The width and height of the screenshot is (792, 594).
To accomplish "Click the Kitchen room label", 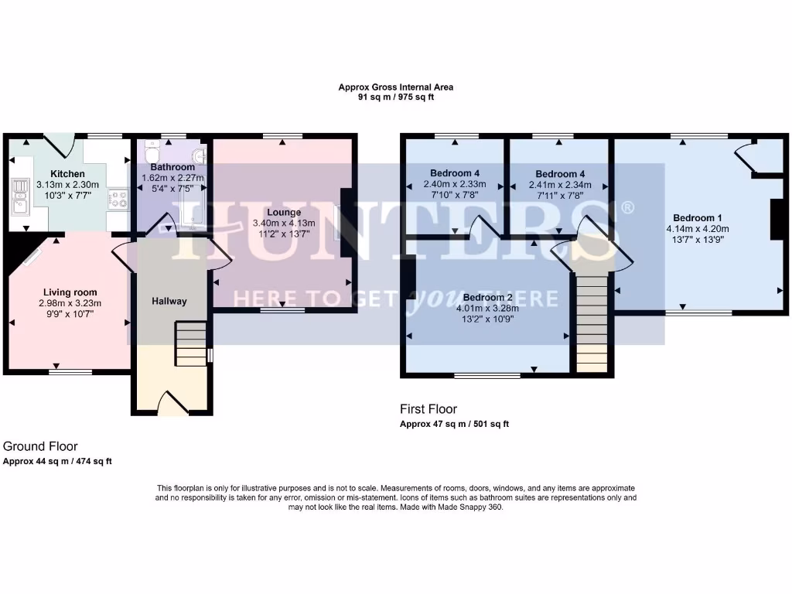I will click(x=67, y=173).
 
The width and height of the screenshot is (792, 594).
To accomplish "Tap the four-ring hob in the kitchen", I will click(x=118, y=200).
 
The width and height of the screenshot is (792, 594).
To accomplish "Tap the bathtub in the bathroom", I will click(x=190, y=209).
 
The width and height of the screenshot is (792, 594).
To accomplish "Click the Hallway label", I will click(x=169, y=301).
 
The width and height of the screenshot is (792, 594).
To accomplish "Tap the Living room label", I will click(x=70, y=292).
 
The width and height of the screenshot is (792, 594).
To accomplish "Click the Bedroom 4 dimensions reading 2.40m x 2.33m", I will click(x=454, y=185).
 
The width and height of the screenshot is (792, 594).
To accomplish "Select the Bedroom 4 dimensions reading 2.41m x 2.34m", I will click(x=559, y=185).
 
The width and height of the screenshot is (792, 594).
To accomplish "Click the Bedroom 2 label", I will click(x=487, y=297).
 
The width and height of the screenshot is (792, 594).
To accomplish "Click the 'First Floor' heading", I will click(x=428, y=408).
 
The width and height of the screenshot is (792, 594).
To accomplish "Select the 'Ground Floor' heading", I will click(x=40, y=446).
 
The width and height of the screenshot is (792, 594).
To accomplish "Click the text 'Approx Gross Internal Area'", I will click(x=395, y=87).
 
